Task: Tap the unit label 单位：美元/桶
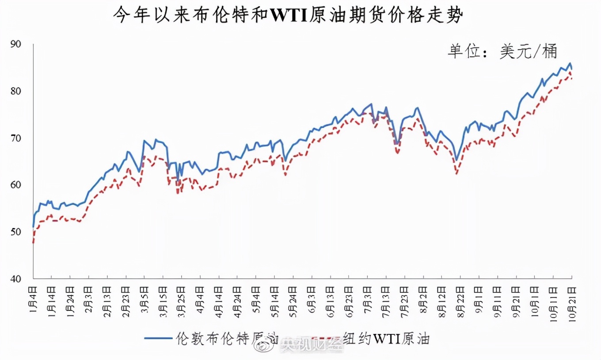[502, 52]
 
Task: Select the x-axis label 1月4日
[34, 299]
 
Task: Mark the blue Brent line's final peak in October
[570, 63]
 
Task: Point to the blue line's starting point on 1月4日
[34, 226]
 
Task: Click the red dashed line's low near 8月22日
[456, 173]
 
